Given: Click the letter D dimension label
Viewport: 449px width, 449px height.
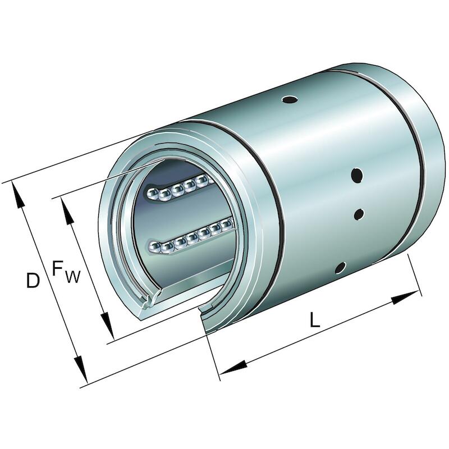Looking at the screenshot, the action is coord(33,280).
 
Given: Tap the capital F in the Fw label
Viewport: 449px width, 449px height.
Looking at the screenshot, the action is coord(58,269).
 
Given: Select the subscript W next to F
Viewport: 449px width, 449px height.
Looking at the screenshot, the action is coord(72,277).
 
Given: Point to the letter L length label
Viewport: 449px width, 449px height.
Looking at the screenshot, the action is coord(315,319).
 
